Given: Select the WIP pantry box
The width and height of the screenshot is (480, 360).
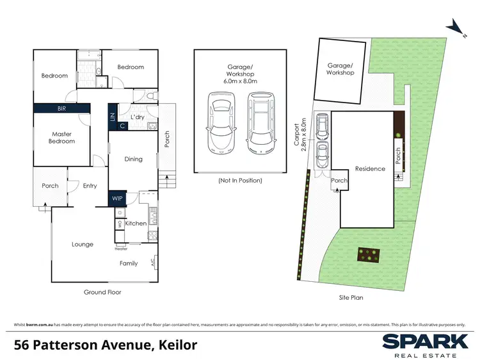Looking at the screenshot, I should (x=117, y=199).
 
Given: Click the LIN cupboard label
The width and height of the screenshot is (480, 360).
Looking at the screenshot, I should (x=113, y=117).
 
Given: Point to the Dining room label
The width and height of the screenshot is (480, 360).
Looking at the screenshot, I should (x=133, y=160).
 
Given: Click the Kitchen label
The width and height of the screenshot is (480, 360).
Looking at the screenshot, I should (x=136, y=224).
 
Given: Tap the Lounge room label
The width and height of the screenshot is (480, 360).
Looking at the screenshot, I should (x=83, y=244).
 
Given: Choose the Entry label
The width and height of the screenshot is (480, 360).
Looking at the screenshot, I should (x=90, y=186).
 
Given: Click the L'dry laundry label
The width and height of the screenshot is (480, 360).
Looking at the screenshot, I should (x=136, y=117).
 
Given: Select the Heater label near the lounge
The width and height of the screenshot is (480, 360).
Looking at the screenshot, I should (x=121, y=249).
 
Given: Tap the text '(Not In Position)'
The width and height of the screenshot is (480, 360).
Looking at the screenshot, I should (x=240, y=181).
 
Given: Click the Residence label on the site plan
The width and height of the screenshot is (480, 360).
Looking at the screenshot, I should (x=370, y=169).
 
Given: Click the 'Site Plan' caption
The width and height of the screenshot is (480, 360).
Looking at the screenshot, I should (x=353, y=297).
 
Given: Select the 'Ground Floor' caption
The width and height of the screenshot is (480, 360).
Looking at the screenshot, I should (x=102, y=292).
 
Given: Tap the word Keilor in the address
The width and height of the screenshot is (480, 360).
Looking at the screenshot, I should (x=175, y=345).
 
